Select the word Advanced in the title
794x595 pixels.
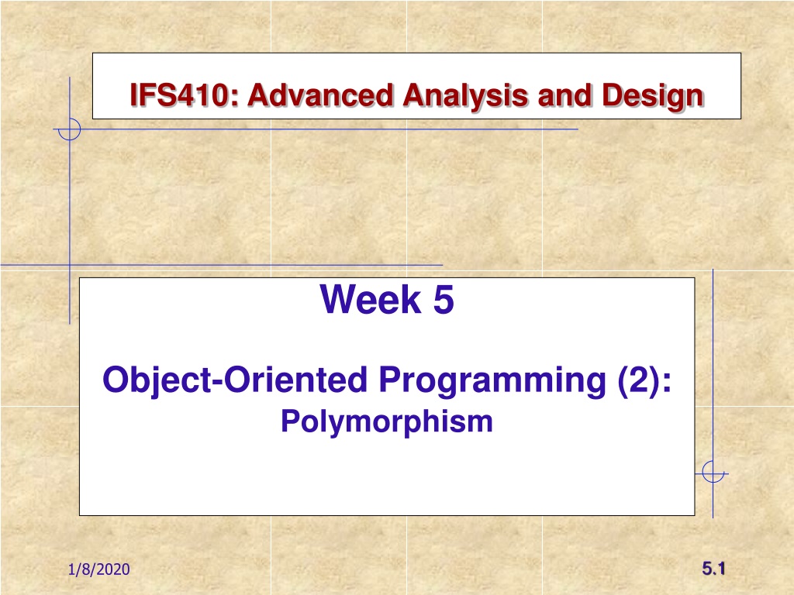[x=320, y=95]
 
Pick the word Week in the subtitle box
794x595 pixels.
[x=371, y=299]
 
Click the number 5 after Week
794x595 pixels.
[x=444, y=299]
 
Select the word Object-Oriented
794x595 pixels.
[x=235, y=380]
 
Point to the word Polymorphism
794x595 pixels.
[x=387, y=422]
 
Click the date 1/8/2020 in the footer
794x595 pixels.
[x=99, y=569]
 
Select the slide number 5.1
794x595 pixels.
[x=713, y=569]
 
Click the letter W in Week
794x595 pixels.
[x=338, y=300]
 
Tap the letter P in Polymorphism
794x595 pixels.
[x=292, y=421]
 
